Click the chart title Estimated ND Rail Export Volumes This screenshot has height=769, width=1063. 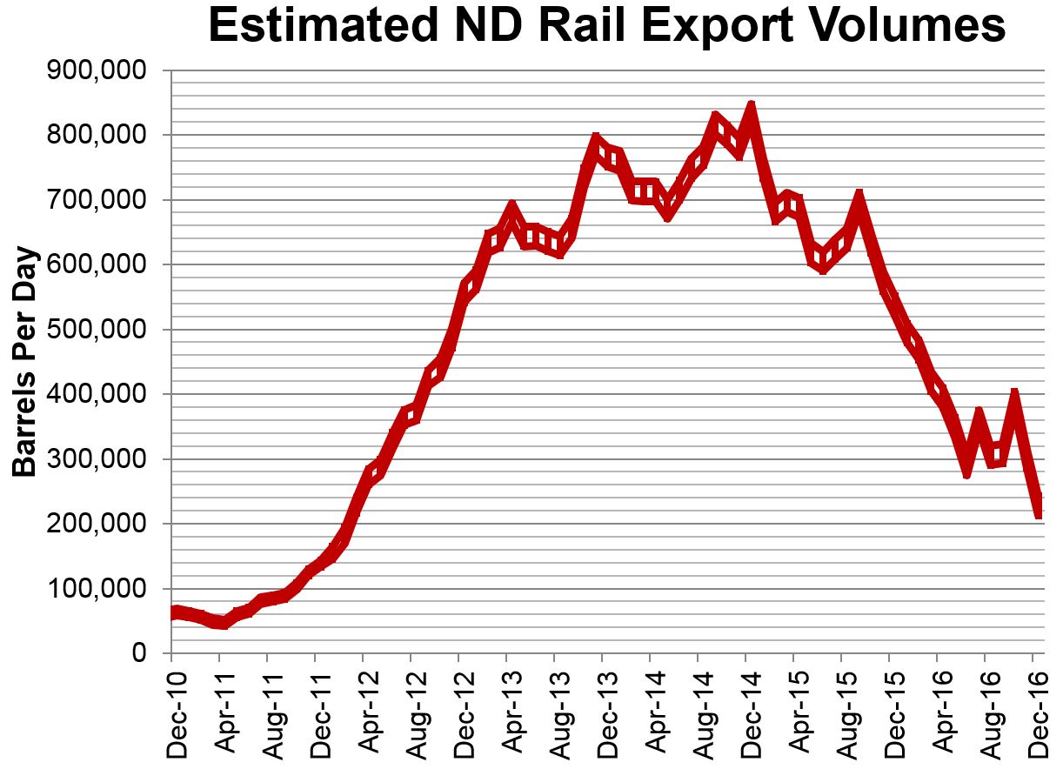tap(606, 28)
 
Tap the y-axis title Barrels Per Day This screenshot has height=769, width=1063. tap(26, 362)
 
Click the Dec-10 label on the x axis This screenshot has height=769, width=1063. tap(173, 708)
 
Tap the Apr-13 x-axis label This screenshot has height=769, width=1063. tap(509, 708)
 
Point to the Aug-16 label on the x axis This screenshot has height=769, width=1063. tap(986, 708)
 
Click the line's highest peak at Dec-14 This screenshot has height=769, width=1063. tap(750, 110)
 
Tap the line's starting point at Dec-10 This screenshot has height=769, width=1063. tap(173, 613)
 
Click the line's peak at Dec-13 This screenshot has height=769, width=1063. tap(596, 142)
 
